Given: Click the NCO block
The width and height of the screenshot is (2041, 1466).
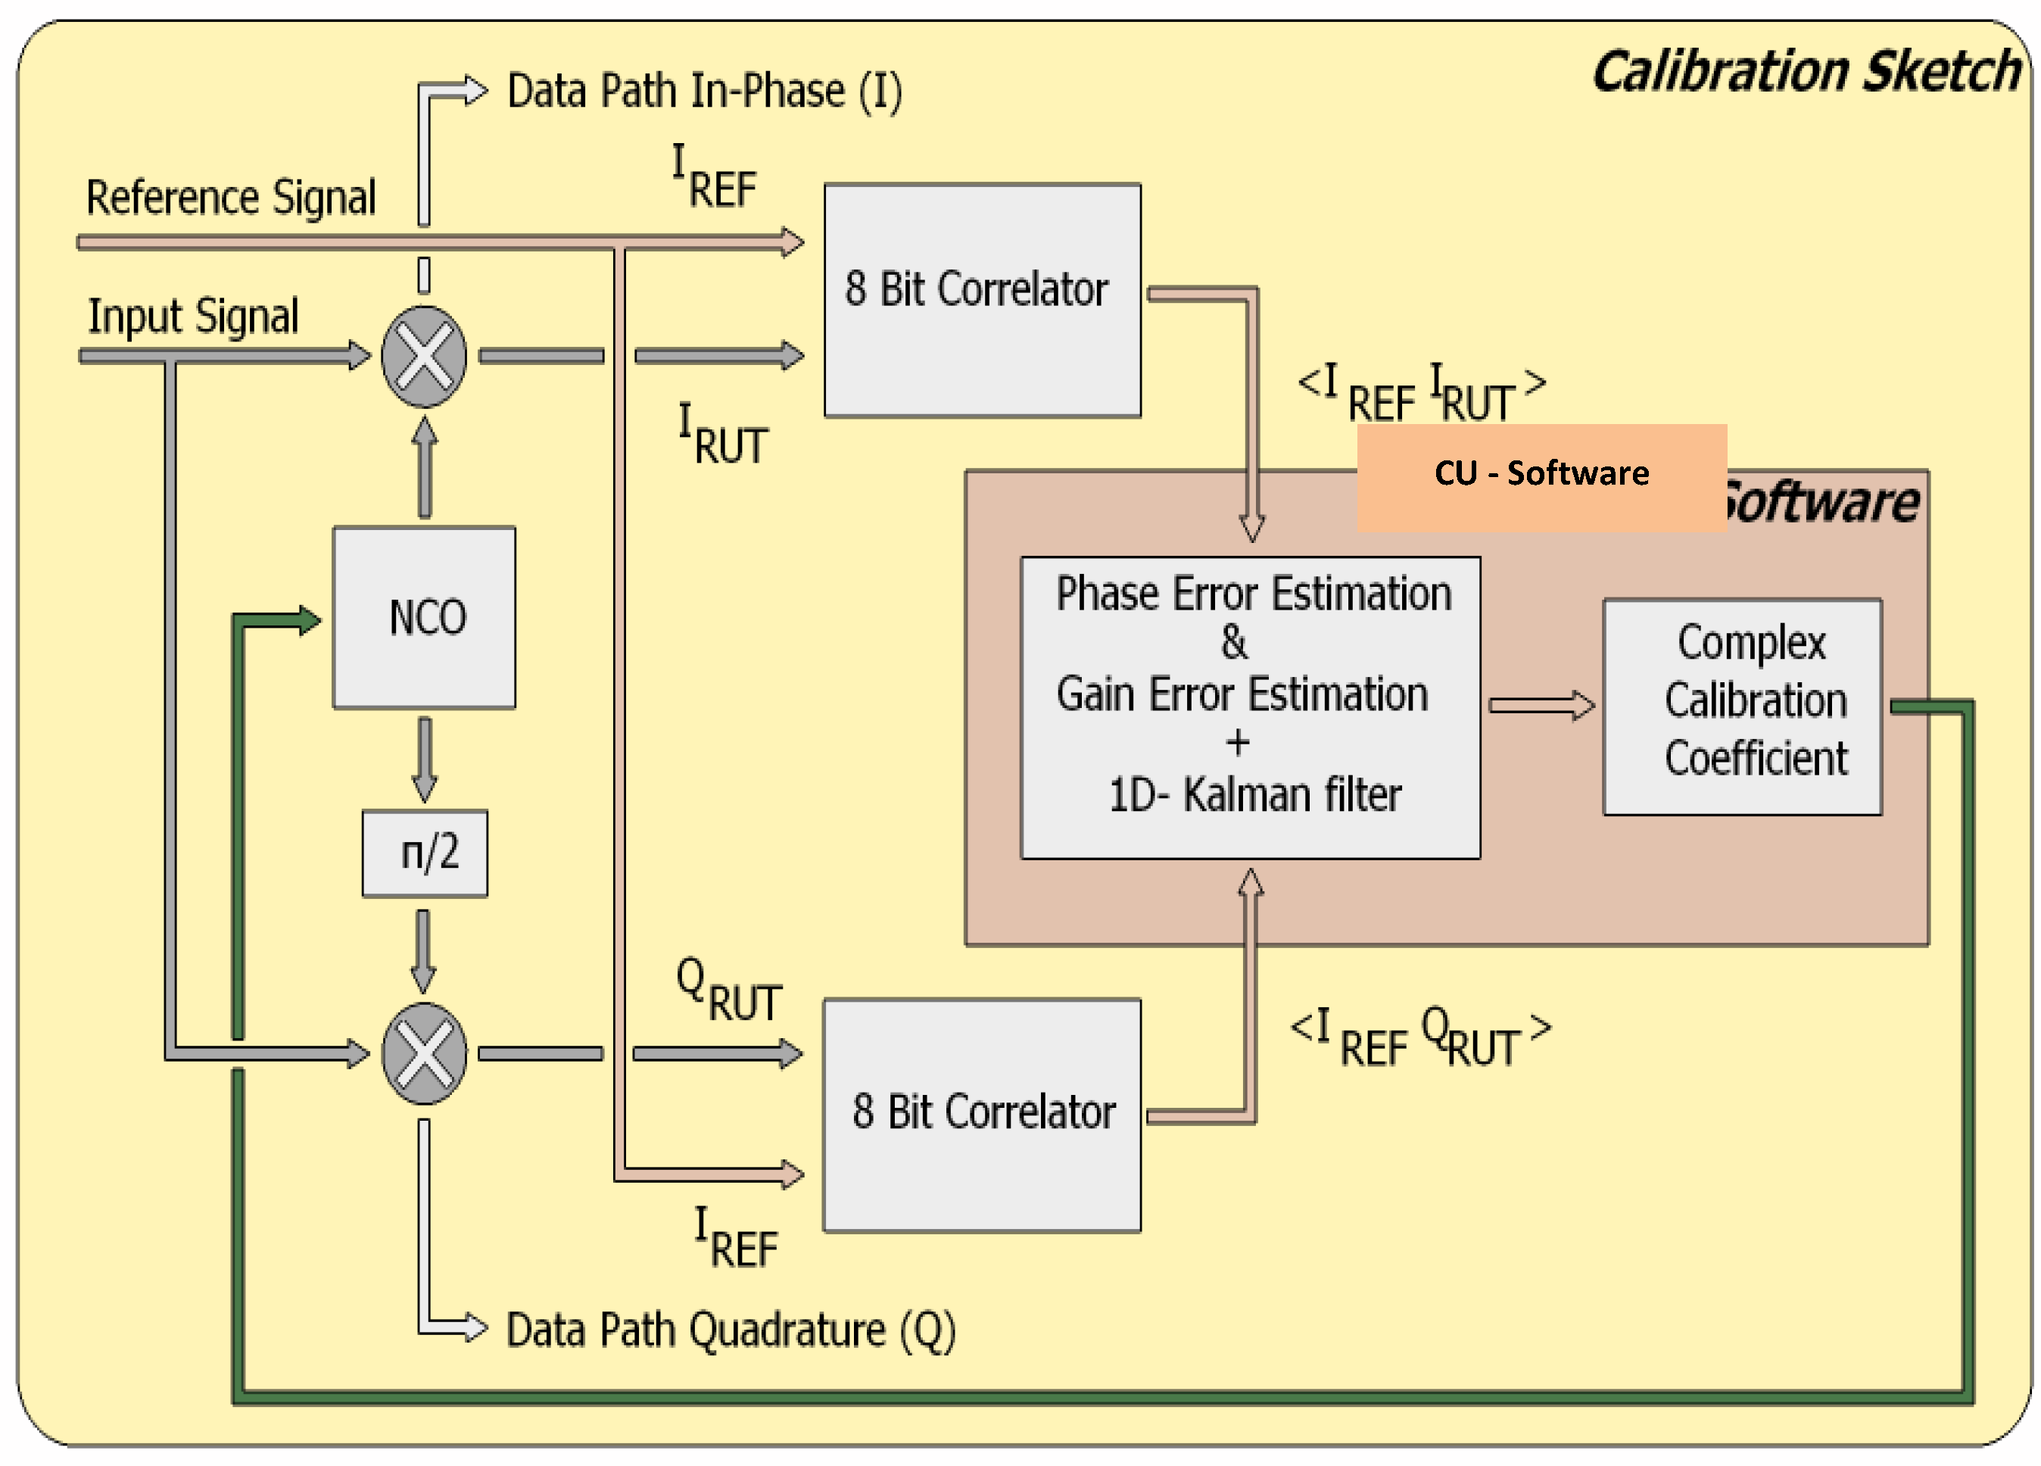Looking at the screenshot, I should tap(424, 617).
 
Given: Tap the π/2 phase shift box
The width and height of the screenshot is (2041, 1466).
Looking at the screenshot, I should tap(425, 852).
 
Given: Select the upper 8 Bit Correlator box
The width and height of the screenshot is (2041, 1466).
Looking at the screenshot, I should tap(982, 300).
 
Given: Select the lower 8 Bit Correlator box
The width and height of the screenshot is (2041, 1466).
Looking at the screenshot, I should tap(982, 1114).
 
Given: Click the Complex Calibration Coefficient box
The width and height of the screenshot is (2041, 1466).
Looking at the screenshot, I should tap(1741, 706).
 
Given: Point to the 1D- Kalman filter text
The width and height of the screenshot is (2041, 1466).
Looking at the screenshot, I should tap(1254, 794).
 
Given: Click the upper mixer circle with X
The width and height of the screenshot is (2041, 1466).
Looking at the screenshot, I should tap(424, 357).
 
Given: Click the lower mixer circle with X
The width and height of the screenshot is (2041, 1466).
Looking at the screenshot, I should tap(424, 1053).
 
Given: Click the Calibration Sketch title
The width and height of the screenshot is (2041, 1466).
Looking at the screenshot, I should tap(1806, 72).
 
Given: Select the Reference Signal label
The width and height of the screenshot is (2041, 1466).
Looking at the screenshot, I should tap(230, 197).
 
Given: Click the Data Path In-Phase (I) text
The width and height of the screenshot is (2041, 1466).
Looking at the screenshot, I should tap(704, 92).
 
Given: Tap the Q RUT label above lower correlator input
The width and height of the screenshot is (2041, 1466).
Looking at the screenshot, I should tap(728, 990).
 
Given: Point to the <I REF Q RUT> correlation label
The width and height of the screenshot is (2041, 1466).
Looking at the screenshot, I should tap(1420, 1037).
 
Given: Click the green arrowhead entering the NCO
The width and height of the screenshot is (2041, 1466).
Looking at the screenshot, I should tap(308, 620).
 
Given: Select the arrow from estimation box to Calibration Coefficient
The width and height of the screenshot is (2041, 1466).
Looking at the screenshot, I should tap(1541, 705).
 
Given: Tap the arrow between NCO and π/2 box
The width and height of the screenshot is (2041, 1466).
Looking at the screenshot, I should tap(425, 759).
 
